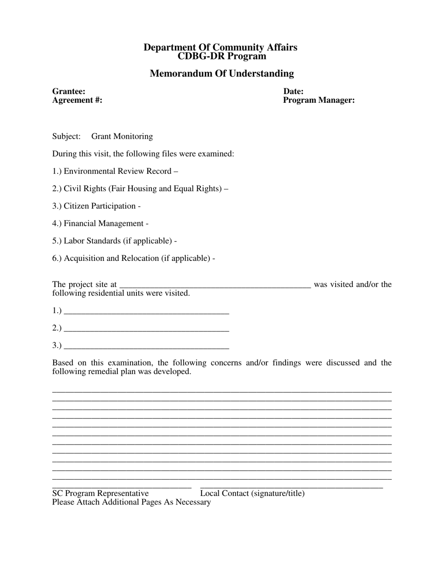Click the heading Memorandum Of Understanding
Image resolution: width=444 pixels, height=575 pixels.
222,73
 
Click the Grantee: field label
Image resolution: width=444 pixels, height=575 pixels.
69,92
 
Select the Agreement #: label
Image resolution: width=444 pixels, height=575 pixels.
77,100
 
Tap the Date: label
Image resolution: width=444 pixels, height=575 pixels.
293,92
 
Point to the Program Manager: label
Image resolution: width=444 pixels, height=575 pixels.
319,100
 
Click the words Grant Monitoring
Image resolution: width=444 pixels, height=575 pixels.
122,137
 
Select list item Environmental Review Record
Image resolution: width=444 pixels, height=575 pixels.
115,171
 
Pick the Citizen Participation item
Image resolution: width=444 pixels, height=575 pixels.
96,206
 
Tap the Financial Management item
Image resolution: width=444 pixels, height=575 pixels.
100,223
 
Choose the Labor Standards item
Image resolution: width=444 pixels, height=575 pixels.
115,241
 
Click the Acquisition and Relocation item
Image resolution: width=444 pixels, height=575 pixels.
134,259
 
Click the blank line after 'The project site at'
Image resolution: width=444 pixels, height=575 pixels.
215,285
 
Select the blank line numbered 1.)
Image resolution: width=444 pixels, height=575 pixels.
146,311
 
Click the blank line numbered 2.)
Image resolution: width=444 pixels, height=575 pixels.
146,329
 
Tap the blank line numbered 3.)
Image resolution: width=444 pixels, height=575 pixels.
146,346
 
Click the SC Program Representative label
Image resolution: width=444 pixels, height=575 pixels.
100,494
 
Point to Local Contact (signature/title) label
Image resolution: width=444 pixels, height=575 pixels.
252,494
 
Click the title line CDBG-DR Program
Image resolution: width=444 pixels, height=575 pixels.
222,57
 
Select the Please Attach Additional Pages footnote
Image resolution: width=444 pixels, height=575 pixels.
131,502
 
